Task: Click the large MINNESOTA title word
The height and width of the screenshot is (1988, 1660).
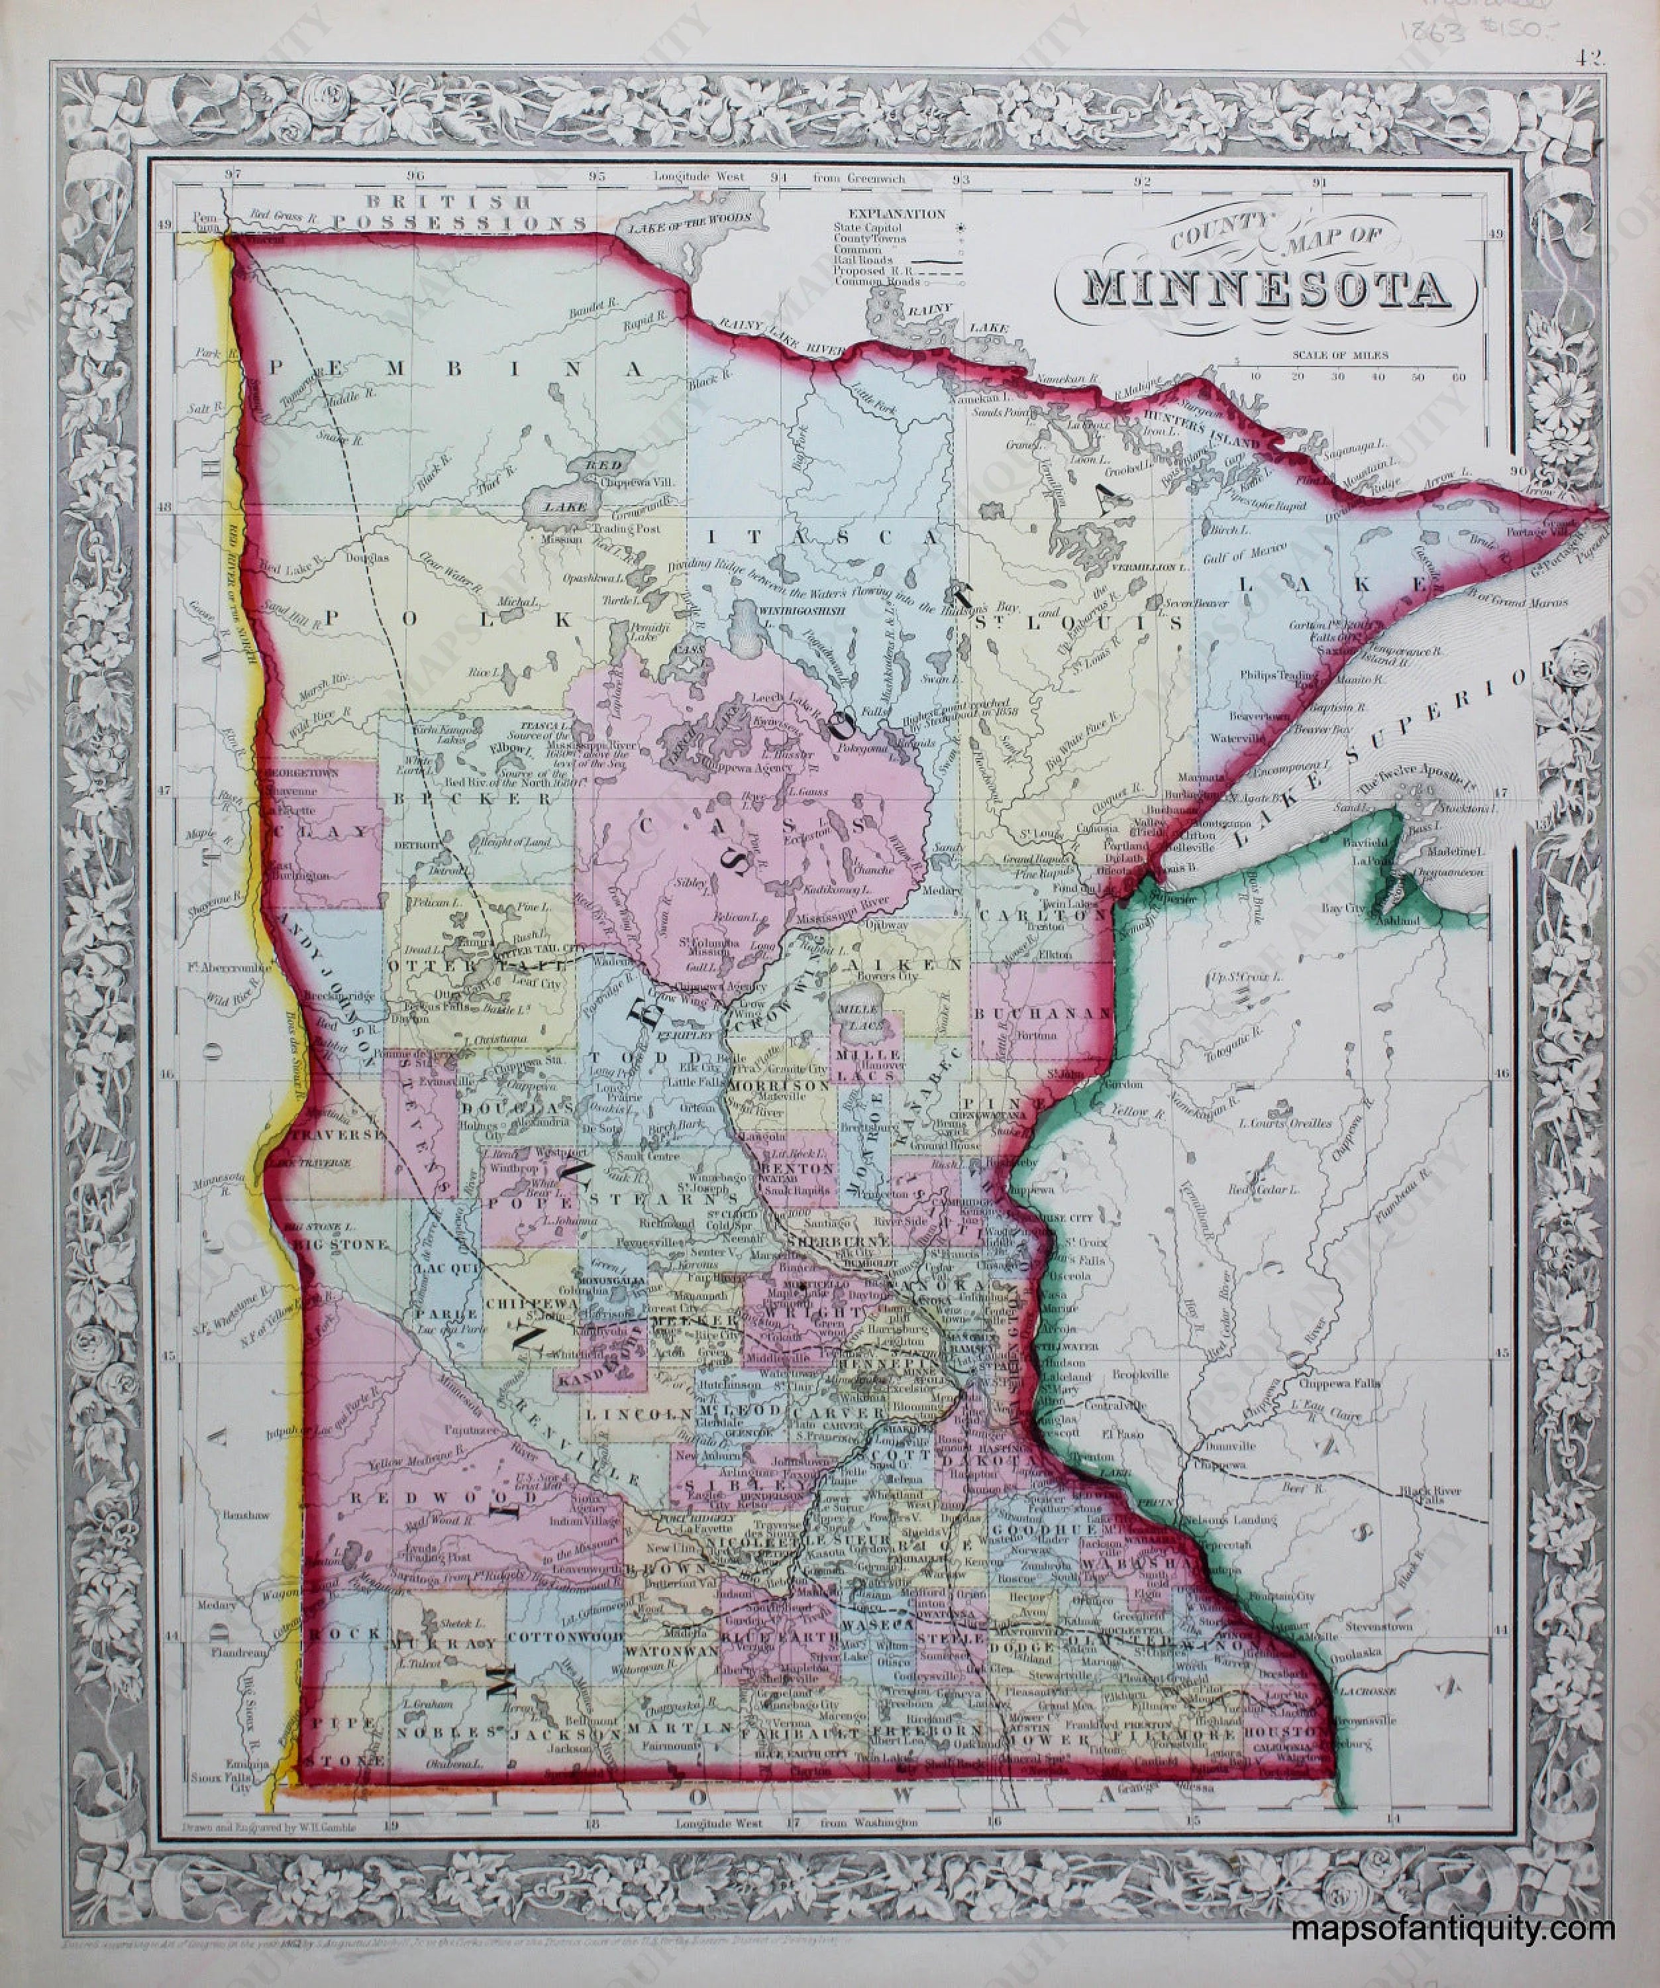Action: (1267, 291)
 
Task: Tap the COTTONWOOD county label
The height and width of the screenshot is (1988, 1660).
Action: (565, 1636)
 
